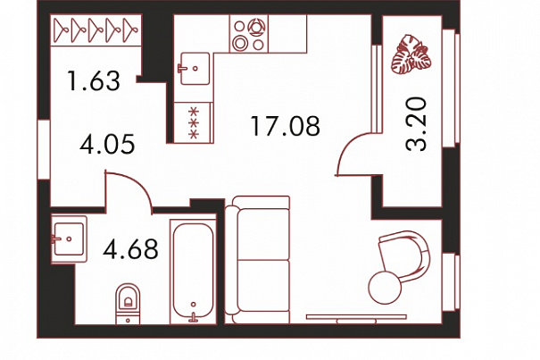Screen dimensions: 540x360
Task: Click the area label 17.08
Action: [x=285, y=126]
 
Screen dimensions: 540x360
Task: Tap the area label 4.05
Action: [x=107, y=144]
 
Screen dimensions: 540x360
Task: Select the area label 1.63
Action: [x=94, y=80]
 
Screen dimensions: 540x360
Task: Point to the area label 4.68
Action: [x=130, y=249]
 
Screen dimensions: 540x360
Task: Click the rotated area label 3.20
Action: [x=416, y=124]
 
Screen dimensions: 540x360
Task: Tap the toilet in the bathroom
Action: [x=128, y=304]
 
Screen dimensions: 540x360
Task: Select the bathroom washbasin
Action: [x=69, y=239]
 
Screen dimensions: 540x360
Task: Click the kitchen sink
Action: [x=195, y=68]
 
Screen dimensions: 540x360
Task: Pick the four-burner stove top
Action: [x=249, y=34]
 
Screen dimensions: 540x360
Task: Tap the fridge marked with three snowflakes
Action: [x=194, y=122]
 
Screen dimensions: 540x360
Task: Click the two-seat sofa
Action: [x=257, y=260]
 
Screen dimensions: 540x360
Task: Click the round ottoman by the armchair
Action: [x=385, y=288]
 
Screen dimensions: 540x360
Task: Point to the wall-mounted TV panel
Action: [x=356, y=318]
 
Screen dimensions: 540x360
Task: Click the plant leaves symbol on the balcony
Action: [x=411, y=54]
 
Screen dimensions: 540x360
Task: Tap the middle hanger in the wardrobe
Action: [x=96, y=30]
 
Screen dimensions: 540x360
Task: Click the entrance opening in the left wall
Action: [x=44, y=149]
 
